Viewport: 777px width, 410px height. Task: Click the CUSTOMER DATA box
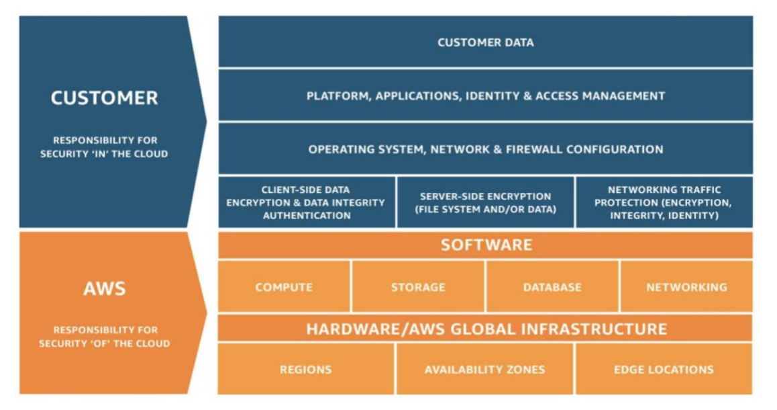coord(486,42)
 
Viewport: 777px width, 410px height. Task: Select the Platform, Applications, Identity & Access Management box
coord(486,95)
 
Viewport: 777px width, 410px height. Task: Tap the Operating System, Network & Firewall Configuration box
coord(486,149)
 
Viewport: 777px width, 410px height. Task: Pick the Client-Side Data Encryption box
coord(307,202)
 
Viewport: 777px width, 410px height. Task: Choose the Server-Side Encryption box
coord(486,202)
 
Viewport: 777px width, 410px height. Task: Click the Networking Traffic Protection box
coord(664,202)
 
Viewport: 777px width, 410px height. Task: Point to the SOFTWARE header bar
coord(486,245)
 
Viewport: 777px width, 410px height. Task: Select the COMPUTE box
coord(284,287)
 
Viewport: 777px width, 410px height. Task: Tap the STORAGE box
coord(418,287)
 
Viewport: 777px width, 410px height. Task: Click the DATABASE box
coord(552,287)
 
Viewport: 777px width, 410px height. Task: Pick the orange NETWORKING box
coord(687,287)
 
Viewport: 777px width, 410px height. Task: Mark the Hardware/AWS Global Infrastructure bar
coord(486,329)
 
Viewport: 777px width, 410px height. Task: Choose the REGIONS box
coord(306,369)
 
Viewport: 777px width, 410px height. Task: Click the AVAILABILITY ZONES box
coord(484,369)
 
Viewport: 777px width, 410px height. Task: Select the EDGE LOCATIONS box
coord(664,369)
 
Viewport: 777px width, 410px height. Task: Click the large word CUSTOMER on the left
coord(105,97)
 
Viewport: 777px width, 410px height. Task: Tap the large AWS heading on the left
coord(105,288)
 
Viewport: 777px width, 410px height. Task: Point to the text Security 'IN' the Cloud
coord(104,154)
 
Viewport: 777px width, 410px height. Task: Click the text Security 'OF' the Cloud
coord(104,343)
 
